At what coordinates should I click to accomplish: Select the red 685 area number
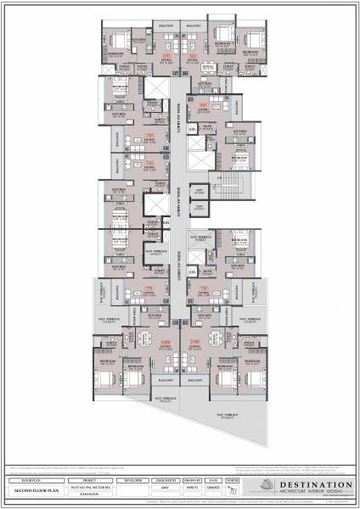pyautogui.click(x=203, y=105)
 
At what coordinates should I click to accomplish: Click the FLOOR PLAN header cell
pyautogui.click(x=35, y=479)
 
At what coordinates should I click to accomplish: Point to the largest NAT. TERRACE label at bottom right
pyautogui.click(x=226, y=416)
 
